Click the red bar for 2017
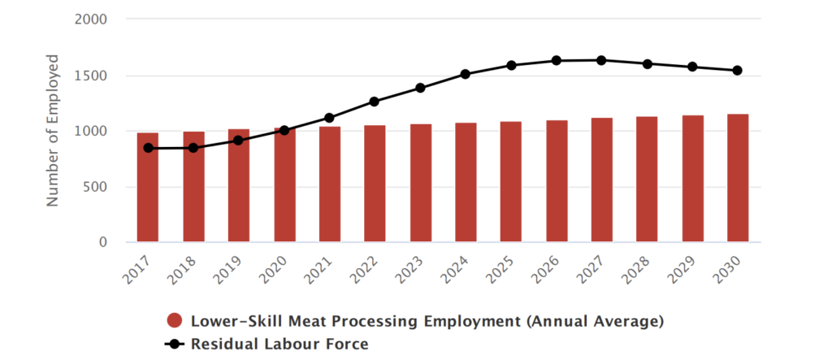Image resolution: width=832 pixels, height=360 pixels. pyautogui.click(x=148, y=188)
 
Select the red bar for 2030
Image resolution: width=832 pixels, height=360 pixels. pyautogui.click(x=737, y=178)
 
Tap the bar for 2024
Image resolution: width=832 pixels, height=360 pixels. pyautogui.click(x=466, y=183)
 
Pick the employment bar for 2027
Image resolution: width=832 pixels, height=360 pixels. pyautogui.click(x=601, y=180)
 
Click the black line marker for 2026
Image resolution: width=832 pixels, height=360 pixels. pyautogui.click(x=557, y=60)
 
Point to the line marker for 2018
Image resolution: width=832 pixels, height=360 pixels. pyautogui.click(x=193, y=148)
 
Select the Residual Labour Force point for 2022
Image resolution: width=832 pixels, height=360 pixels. pyautogui.click(x=375, y=102)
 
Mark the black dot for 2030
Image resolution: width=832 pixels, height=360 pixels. pyautogui.click(x=737, y=71)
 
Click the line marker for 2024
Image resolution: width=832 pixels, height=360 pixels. pyautogui.click(x=466, y=74)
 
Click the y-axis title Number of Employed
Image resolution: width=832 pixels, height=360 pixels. pyautogui.click(x=54, y=130)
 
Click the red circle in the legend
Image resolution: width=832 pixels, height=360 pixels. pyautogui.click(x=173, y=321)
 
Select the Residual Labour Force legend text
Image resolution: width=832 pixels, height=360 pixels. pyautogui.click(x=279, y=344)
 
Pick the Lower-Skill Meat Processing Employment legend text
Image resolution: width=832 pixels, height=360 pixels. pyautogui.click(x=427, y=321)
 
